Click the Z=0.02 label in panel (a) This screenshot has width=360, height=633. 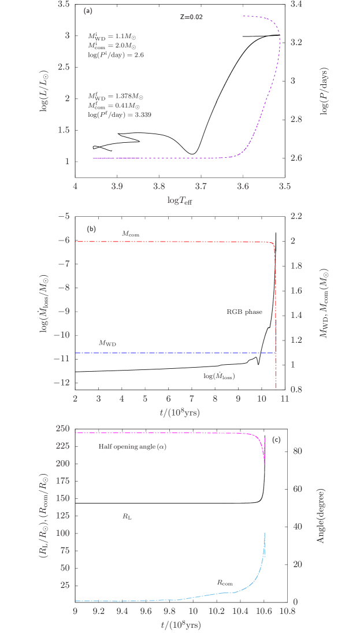click(x=191, y=17)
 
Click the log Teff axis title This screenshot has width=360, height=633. click(x=180, y=201)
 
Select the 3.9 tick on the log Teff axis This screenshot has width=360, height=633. click(x=117, y=187)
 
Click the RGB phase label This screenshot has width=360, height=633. click(x=244, y=312)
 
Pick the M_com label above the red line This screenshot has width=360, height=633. click(x=131, y=234)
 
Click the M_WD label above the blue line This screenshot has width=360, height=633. click(x=108, y=343)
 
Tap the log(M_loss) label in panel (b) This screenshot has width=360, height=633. click(x=219, y=376)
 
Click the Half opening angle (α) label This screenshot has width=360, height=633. click(x=132, y=447)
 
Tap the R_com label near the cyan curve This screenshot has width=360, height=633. click(x=224, y=582)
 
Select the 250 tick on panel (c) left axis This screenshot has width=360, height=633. click(x=62, y=428)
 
